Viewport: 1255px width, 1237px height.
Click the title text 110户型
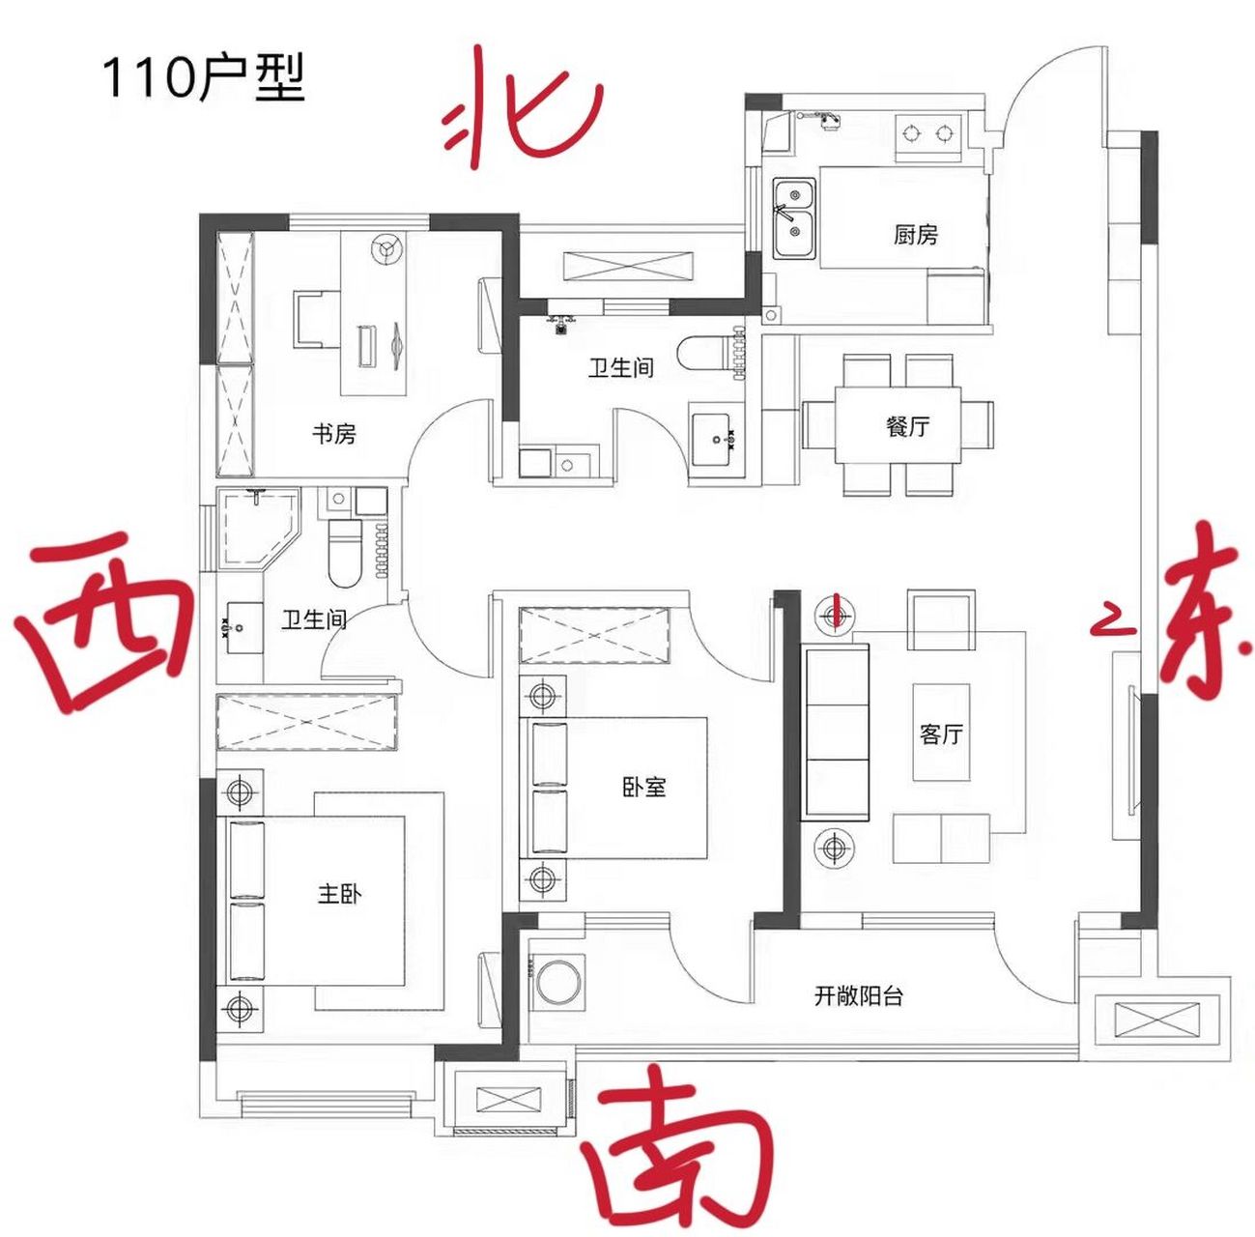[x=203, y=77]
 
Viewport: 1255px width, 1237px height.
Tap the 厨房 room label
[x=915, y=234]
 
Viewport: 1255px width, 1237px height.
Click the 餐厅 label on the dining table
[x=907, y=425]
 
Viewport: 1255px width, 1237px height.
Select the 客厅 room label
[x=941, y=734]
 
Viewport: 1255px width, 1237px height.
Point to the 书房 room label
[x=334, y=433]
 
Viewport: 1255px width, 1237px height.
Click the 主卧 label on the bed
[x=339, y=893]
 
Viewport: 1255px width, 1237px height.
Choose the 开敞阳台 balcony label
[x=858, y=995]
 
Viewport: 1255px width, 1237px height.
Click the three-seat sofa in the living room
[x=837, y=733]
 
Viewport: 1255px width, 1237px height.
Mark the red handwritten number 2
[x=1112, y=619]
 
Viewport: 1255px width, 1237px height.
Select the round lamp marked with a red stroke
[x=834, y=613]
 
